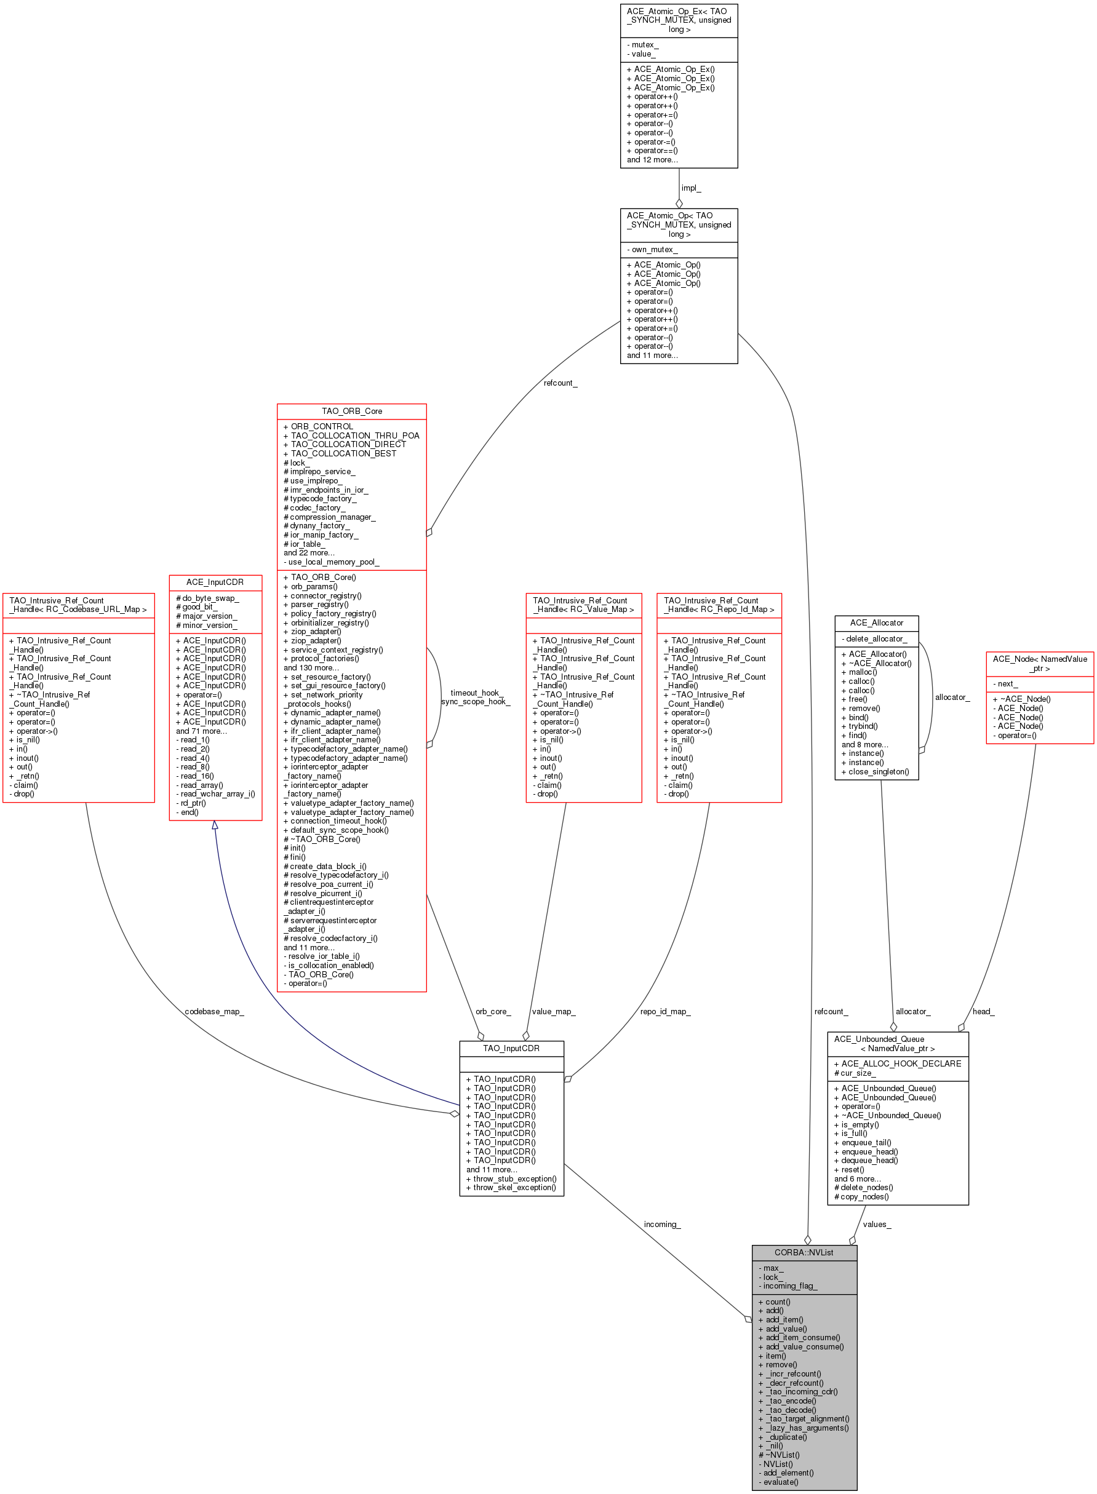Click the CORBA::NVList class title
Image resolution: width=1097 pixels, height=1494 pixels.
point(804,1252)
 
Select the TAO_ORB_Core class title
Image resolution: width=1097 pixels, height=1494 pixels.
point(351,411)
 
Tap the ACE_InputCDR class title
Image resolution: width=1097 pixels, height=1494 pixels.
point(215,582)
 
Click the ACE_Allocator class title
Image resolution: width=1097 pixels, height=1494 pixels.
point(877,622)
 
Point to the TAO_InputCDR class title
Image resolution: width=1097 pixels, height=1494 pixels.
point(511,1048)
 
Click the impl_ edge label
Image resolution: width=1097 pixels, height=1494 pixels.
point(690,188)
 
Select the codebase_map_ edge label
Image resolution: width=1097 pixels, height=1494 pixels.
point(214,1012)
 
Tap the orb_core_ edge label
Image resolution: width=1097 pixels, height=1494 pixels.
point(493,1012)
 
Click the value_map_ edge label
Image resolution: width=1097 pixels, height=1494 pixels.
point(553,1012)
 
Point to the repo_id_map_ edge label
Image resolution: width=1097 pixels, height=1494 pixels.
point(664,1012)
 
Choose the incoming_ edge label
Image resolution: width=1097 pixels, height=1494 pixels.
point(661,1224)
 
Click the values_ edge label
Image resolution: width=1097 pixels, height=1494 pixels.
point(877,1224)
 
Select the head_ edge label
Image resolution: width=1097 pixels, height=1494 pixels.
point(983,1012)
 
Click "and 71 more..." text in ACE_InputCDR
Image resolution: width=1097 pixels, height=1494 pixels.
point(201,731)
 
